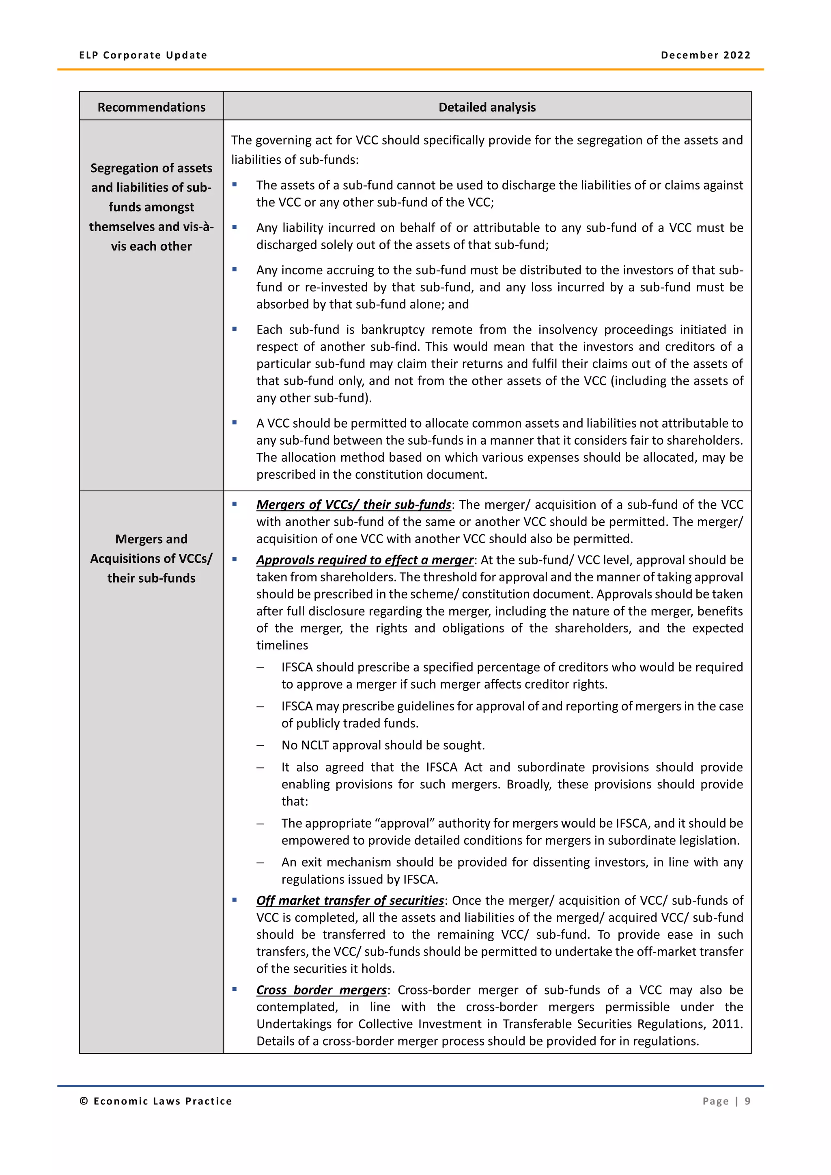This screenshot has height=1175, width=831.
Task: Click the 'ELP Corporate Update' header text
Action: point(143,55)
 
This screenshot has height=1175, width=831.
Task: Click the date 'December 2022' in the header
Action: point(705,55)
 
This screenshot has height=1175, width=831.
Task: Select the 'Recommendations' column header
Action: point(151,107)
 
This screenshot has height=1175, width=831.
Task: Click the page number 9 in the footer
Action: point(747,1101)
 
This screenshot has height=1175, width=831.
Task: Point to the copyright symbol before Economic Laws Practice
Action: point(84,1101)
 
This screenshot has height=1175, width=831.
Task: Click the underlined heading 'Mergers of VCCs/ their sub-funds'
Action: point(353,505)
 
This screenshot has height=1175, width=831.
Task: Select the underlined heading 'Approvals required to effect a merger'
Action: point(365,560)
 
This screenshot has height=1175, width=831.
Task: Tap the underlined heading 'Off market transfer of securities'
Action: point(350,900)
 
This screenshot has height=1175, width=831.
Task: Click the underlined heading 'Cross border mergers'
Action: point(321,990)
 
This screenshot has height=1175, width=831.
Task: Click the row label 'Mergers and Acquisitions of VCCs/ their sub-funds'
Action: point(151,558)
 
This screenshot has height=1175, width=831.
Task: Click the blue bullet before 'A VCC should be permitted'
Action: point(235,423)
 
